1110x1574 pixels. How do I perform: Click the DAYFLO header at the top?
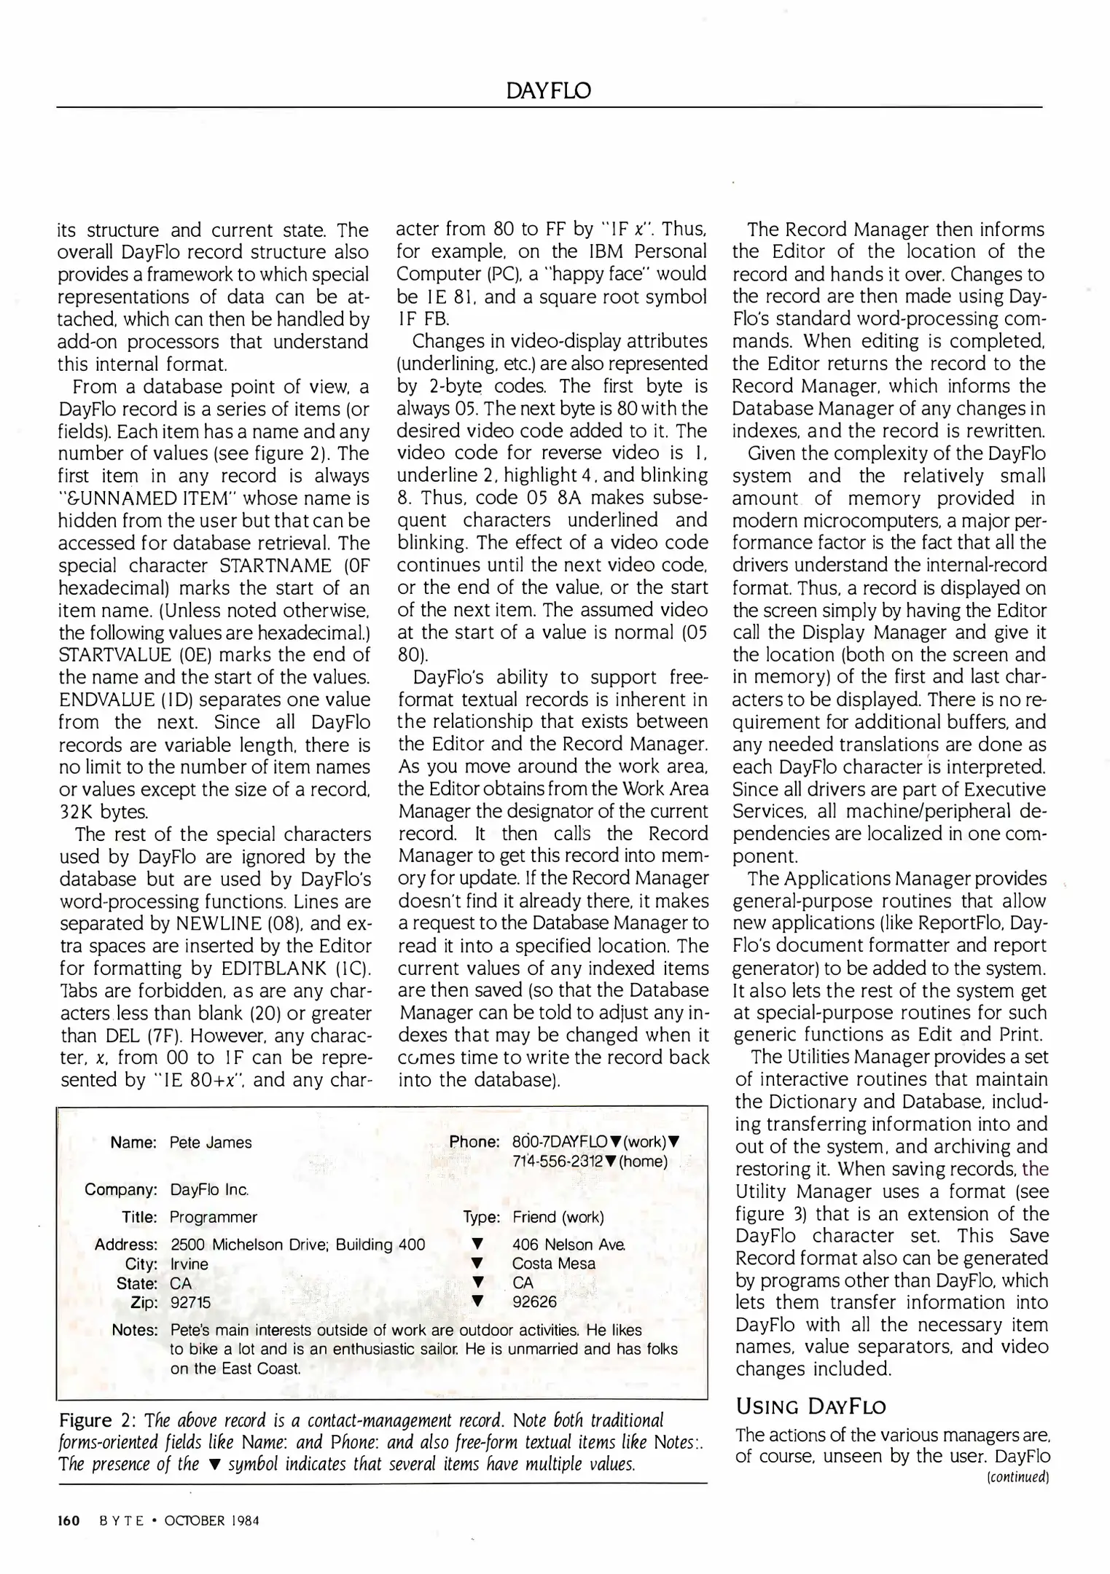tap(549, 91)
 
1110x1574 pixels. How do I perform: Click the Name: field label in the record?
tap(133, 1143)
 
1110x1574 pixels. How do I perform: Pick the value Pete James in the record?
tap(210, 1143)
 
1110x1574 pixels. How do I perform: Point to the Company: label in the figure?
tap(121, 1190)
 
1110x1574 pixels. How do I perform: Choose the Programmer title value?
tap(213, 1217)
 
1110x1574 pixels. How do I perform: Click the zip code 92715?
tap(190, 1301)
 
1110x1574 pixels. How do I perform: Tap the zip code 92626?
tap(534, 1301)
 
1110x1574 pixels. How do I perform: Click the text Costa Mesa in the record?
tap(553, 1264)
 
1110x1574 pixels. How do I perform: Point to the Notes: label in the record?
tap(135, 1330)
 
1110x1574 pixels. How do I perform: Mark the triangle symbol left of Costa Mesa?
tap(477, 1264)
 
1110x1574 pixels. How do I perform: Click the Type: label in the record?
tap(481, 1217)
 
